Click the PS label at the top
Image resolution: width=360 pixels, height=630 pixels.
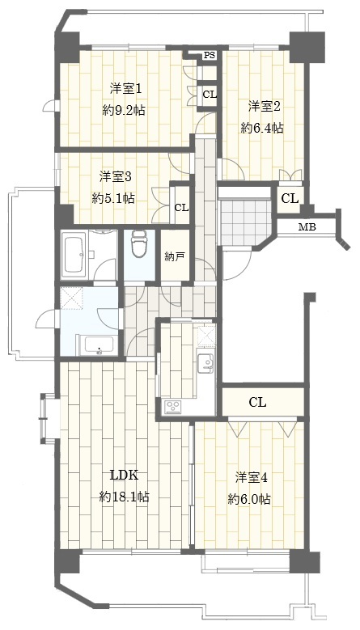pos(209,56)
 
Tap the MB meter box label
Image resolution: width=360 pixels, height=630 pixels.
pos(307,227)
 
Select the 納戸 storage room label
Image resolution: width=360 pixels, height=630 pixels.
pos(175,256)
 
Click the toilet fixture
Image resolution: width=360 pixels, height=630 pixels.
pos(139,243)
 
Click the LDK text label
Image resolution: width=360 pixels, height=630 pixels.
pos(125,476)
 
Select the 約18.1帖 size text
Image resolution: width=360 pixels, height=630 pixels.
pos(124,497)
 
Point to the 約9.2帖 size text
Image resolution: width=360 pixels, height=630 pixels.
pos(124,111)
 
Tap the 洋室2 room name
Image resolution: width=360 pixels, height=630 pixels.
pos(264,107)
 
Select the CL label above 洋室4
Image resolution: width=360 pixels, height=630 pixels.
pos(257,402)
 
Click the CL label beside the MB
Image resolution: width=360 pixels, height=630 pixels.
pos(290,198)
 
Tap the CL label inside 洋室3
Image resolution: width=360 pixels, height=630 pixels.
pos(181,208)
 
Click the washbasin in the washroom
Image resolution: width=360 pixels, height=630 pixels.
pos(99,345)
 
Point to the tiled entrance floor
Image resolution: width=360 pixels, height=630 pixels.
pos(244,220)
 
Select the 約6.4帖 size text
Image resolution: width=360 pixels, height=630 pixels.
pos(262,128)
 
